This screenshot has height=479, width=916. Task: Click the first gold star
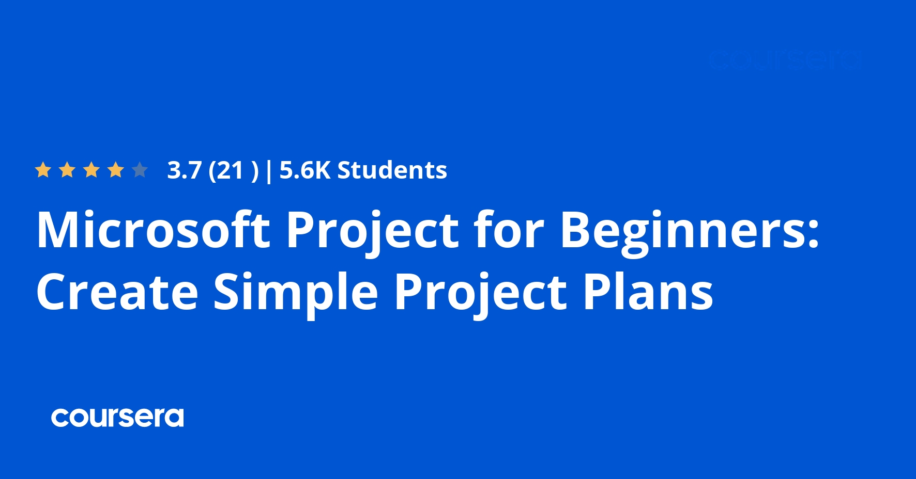[x=43, y=170]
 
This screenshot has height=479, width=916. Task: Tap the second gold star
[x=67, y=170]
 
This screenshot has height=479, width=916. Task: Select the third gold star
[x=91, y=170]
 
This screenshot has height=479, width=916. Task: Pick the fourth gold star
[x=116, y=170]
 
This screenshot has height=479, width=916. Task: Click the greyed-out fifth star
[x=140, y=170]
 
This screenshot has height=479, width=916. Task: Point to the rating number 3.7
[x=184, y=170]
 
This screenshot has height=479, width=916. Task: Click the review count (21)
[x=233, y=171]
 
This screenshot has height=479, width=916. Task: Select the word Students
[x=392, y=170]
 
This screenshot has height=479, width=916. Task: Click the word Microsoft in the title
[x=153, y=230]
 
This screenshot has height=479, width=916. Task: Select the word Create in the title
[x=117, y=292]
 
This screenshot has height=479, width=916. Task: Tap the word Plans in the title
[x=648, y=292]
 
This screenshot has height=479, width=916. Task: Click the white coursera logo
[x=117, y=418]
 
